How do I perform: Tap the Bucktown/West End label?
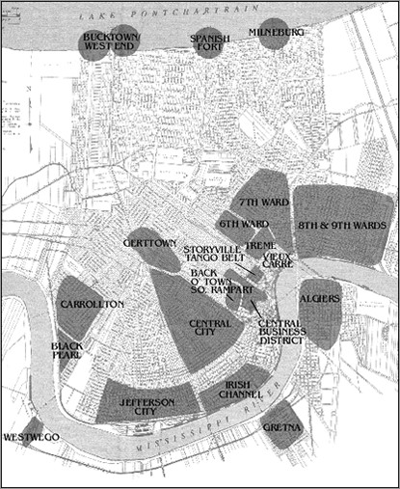click(112, 42)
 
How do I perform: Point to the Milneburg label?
click(276, 32)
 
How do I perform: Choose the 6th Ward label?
click(243, 224)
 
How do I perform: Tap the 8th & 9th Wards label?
click(342, 225)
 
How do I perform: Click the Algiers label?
click(320, 299)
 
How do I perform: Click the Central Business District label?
click(282, 332)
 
